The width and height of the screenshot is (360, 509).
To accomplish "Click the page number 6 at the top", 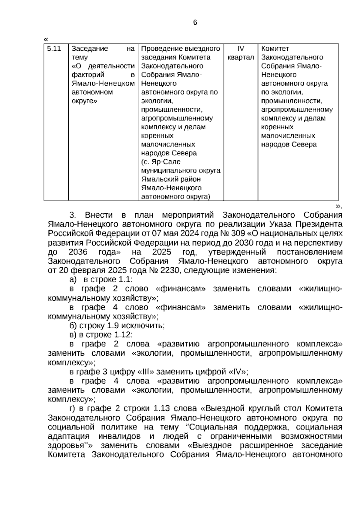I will tap(195, 23).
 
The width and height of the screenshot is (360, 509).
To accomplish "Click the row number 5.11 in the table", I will tap(54, 49).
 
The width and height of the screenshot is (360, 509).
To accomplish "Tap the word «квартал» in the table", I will tap(241, 57).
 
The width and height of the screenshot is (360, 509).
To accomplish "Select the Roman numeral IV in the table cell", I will tap(241, 49).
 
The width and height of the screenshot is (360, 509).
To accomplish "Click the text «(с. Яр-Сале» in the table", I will tap(160, 162).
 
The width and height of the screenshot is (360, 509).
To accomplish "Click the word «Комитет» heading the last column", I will tap(275, 49).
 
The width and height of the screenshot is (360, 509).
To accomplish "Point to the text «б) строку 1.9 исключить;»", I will tap(117, 326).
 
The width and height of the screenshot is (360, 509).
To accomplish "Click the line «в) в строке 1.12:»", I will tap(101, 335).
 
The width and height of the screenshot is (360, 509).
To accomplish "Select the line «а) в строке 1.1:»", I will tap(101, 279).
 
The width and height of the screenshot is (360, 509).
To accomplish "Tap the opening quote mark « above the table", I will tap(46, 39).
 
